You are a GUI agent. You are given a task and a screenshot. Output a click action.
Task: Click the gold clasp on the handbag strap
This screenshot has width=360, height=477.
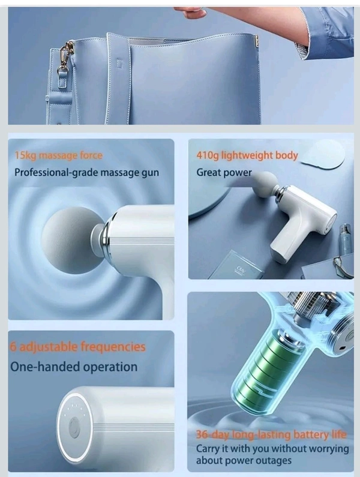pos(66,56)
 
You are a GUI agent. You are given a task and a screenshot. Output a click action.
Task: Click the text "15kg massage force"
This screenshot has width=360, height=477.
pos(59,155)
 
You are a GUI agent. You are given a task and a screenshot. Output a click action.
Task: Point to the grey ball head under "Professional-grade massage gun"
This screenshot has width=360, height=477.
pos(71,241)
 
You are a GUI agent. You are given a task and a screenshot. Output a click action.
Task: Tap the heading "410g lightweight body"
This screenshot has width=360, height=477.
pos(247,155)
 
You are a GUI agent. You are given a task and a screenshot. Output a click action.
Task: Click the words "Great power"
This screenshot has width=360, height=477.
pos(224,172)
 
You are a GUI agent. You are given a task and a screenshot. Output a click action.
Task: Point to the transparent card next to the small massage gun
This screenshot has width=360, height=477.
pos(240,264)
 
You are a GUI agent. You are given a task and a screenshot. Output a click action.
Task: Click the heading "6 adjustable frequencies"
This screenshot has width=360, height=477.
pos(77,347)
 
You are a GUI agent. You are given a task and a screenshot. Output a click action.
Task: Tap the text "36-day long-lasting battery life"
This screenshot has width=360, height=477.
pos(271,434)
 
